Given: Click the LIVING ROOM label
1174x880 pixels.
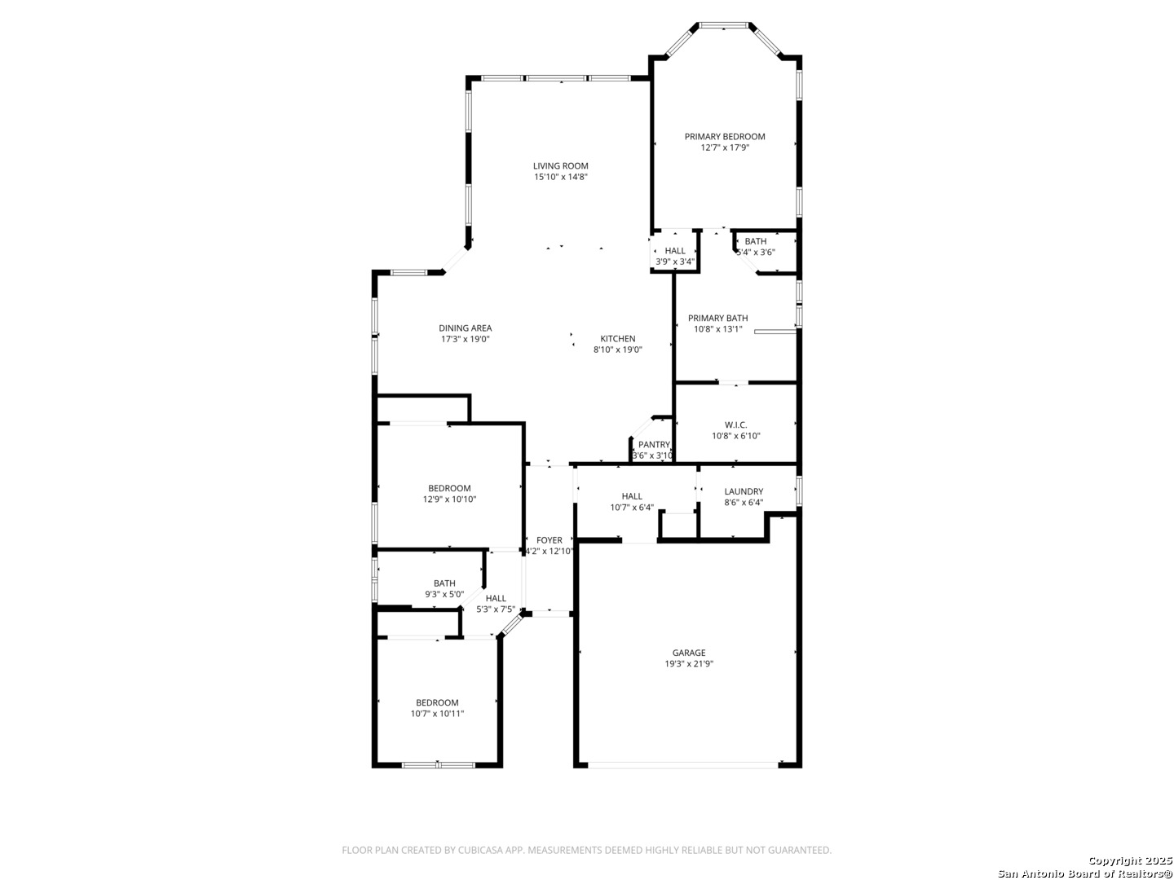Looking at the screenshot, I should pos(560,166).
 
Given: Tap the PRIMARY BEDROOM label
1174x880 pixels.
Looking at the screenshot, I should pos(724,137).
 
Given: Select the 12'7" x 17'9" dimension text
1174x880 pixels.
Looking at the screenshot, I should pos(724,148).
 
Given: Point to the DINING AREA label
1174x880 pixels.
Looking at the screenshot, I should pos(465,328).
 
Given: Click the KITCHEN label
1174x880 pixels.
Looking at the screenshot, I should pos(617,339).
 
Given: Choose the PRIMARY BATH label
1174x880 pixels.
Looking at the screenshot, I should pos(717,319).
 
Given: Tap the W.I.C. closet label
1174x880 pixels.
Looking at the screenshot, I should pos(735,425).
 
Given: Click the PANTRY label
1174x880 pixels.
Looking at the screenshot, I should pos(654,445).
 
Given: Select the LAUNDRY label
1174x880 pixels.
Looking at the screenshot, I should pos(743,491).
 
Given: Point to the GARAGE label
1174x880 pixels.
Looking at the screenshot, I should pos(688,653).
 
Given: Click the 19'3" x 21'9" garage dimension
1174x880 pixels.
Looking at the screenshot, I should pos(688,664).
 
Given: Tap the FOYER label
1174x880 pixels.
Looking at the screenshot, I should pos(549,540).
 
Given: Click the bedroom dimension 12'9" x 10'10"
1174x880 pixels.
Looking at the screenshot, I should pos(449,499).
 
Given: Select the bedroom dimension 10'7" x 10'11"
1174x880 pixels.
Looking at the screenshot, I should pos(437,714).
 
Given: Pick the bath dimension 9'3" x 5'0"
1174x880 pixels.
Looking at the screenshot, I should pos(444,595).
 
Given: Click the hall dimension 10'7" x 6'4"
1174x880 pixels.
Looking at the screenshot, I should pos(631,508).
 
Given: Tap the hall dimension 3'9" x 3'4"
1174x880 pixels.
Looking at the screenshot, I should pos(674,262).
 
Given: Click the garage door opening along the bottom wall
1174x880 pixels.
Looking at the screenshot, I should pos(683,765).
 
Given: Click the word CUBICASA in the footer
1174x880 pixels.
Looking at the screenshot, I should pos(483,851).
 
